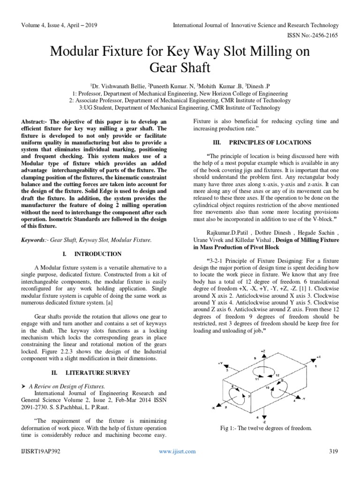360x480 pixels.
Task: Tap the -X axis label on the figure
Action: pyautogui.click(x=214, y=407)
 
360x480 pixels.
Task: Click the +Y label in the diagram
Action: pyautogui.click(x=220, y=363)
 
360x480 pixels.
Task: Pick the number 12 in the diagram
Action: pyautogui.click(x=277, y=375)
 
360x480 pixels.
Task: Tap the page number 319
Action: pyautogui.click(x=334, y=464)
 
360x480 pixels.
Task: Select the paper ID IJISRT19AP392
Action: pyautogui.click(x=41, y=464)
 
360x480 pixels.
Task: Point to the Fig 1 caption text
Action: pyautogui.click(x=266, y=428)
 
